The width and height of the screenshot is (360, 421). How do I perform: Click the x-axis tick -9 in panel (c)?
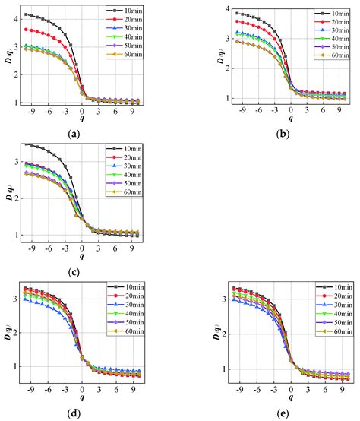(30, 246)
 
